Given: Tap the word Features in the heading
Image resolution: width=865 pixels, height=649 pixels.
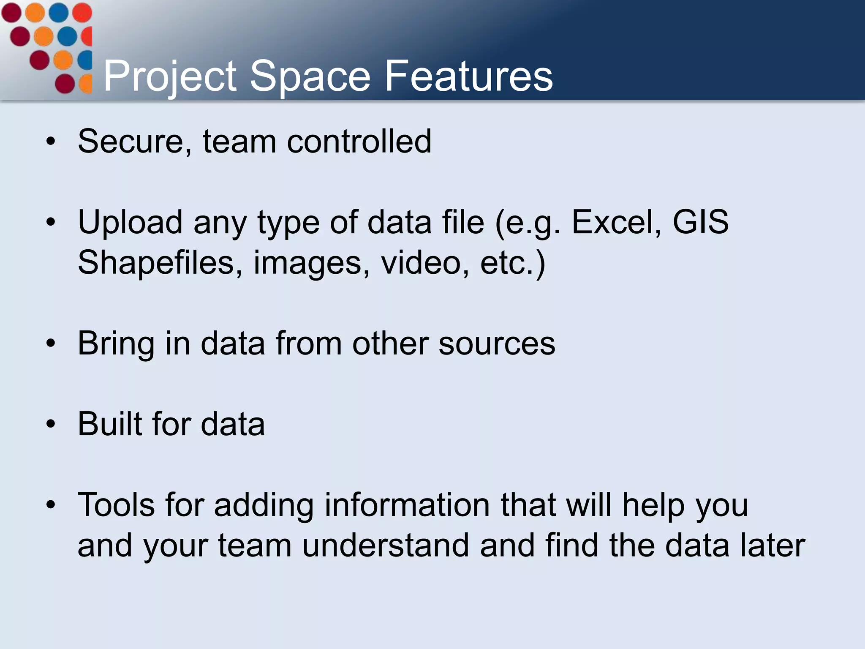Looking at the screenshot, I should (468, 76).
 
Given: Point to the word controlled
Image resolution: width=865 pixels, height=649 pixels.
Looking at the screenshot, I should (359, 142).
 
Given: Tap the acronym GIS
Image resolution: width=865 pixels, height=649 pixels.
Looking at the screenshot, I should (700, 222).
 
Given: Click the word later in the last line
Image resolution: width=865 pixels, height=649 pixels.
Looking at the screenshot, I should (773, 545).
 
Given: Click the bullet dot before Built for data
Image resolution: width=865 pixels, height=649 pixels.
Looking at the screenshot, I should (51, 424).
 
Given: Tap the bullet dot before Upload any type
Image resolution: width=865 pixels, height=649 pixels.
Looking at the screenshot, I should (51, 222).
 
